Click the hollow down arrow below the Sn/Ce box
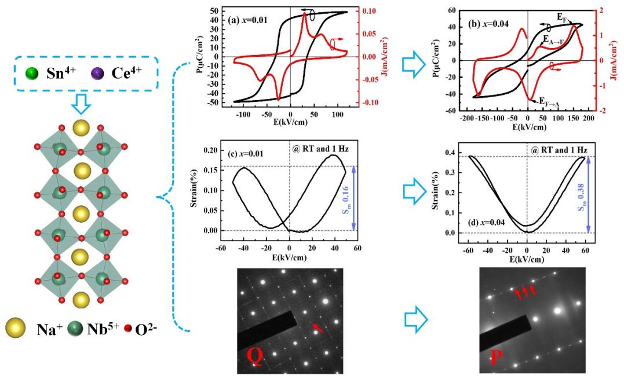[83, 104]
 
